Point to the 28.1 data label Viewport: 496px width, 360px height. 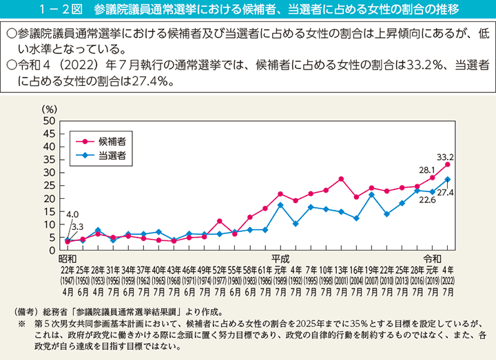pyautogui.click(x=426, y=169)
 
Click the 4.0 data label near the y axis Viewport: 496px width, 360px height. pyautogui.click(x=72, y=214)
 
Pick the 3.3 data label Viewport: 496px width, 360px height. pyautogui.click(x=77, y=226)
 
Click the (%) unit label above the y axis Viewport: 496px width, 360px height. pyautogui.click(x=50, y=109)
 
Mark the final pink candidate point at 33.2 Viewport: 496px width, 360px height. pyautogui.click(x=448, y=165)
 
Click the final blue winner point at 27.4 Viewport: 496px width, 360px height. pyautogui.click(x=448, y=180)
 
